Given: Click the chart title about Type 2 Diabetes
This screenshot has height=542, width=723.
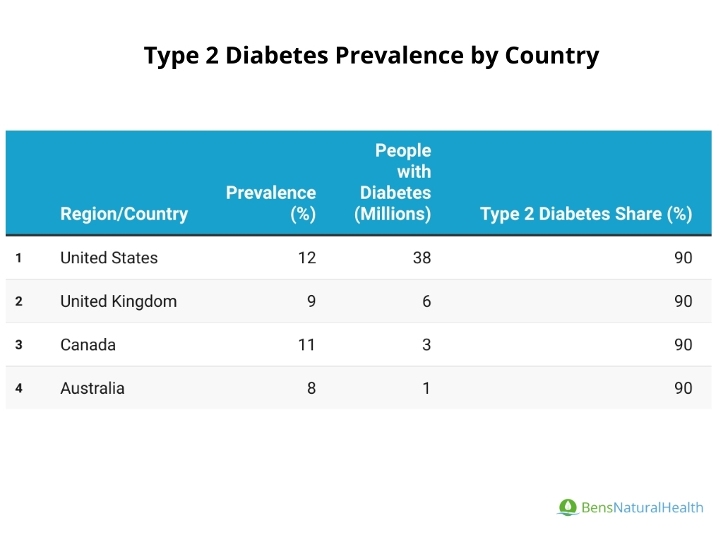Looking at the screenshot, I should click(371, 55).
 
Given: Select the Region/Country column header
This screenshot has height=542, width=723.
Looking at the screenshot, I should click(124, 214).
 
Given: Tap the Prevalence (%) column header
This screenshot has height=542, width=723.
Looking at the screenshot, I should click(271, 203).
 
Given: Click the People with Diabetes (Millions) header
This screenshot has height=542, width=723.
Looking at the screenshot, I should click(393, 182).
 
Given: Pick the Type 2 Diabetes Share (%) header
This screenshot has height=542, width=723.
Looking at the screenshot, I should click(586, 214).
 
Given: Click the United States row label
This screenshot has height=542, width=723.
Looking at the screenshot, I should click(109, 258).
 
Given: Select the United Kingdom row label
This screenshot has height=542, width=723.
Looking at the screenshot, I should click(119, 301).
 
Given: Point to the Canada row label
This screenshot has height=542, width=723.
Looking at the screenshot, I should click(88, 345).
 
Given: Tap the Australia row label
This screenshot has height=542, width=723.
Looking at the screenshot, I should click(92, 388).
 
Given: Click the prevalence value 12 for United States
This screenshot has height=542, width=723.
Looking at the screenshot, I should click(306, 258).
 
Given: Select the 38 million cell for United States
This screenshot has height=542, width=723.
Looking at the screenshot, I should click(422, 258).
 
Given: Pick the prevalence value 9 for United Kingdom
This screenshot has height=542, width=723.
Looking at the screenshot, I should click(311, 301).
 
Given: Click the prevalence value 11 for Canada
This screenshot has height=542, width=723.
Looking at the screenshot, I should click(306, 345).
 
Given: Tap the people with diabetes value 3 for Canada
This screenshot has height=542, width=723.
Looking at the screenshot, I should click(426, 345).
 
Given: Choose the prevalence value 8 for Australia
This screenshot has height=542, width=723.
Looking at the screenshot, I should click(311, 388).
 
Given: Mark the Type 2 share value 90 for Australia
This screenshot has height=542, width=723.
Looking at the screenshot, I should click(683, 388).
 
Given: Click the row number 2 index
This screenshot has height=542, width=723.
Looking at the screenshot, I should click(19, 301).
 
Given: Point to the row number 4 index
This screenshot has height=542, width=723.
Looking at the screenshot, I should click(19, 388).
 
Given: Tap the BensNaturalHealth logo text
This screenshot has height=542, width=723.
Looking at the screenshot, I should click(642, 507).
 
